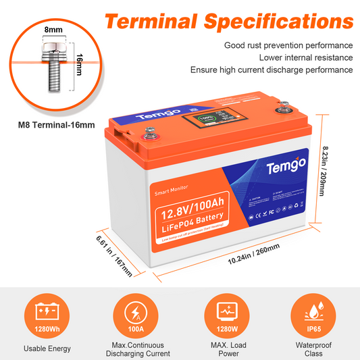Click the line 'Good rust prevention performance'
pyautogui.click(x=288, y=45)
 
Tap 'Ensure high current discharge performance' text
pyautogui.click(x=272, y=70)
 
